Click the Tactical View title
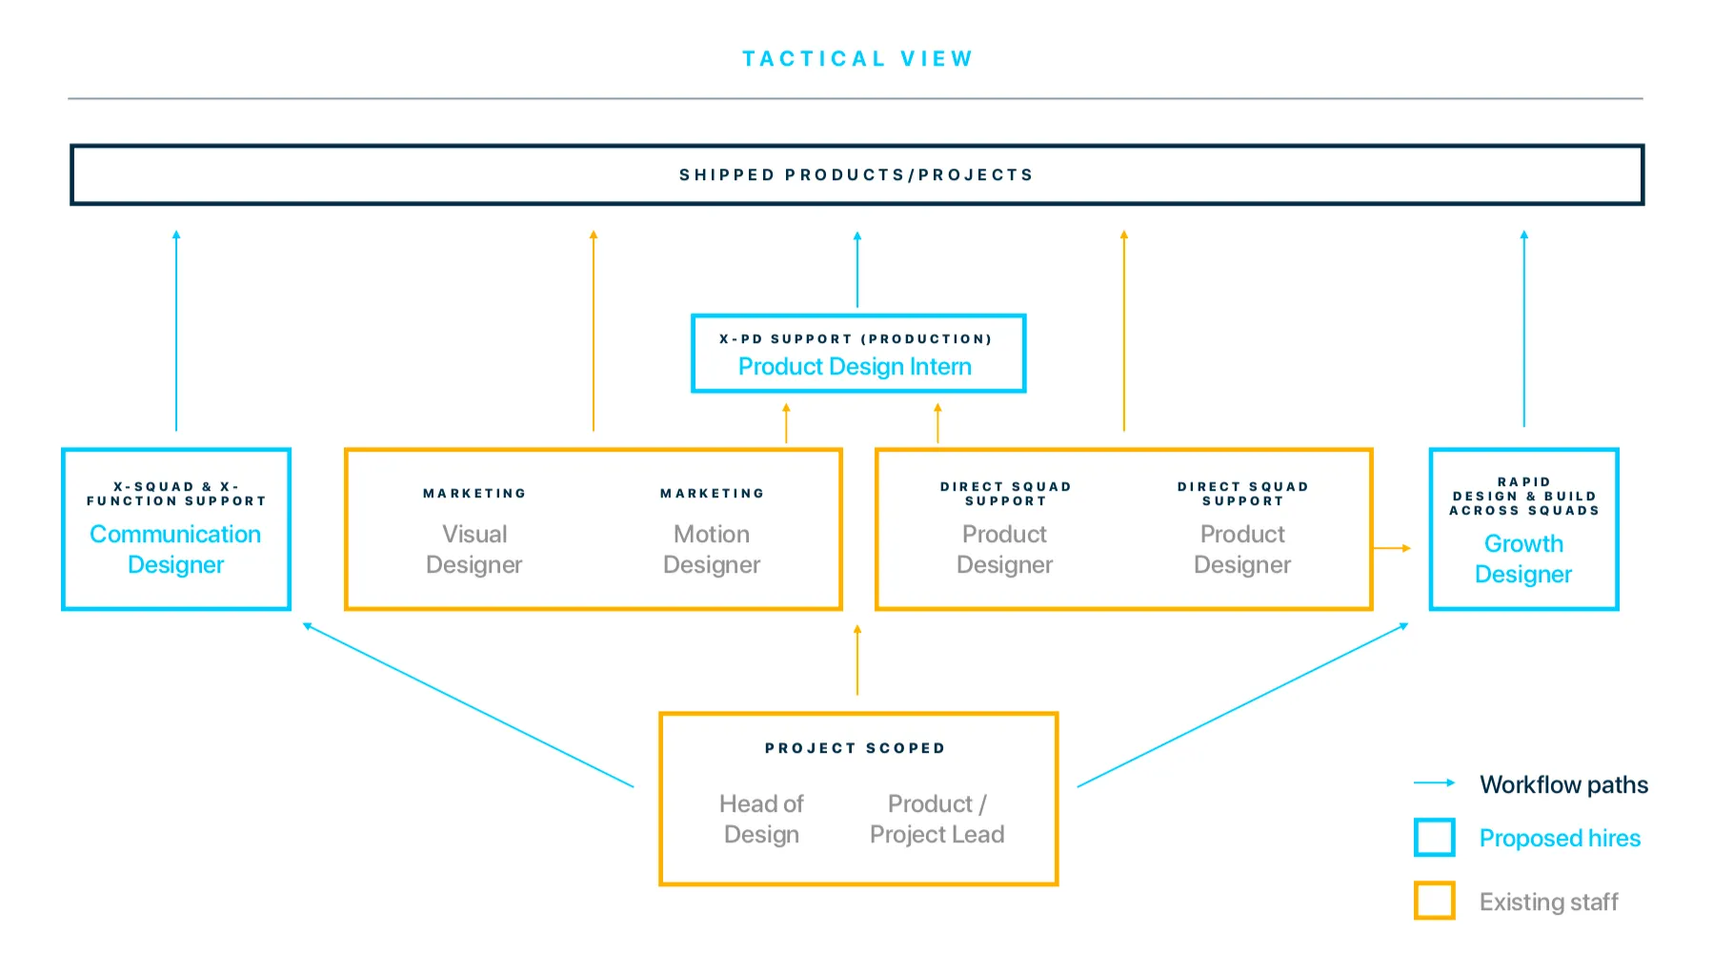pos(857,59)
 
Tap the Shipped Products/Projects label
pos(856,175)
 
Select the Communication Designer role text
pos(175,549)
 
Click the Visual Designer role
pos(474,549)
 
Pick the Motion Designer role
pos(712,549)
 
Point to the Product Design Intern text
pos(856,367)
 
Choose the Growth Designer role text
pos(1523,558)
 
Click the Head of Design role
pos(761,819)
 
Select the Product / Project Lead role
pos(937,819)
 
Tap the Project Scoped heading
pos(856,748)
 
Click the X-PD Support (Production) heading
pos(856,339)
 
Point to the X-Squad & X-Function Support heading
pos(176,494)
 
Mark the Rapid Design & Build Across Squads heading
pos(1524,497)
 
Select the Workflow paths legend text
pos(1564,784)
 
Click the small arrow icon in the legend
pos(1435,783)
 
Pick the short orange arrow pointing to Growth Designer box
pos(1392,548)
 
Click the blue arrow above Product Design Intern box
pos(857,269)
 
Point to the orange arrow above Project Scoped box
pos(857,659)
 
